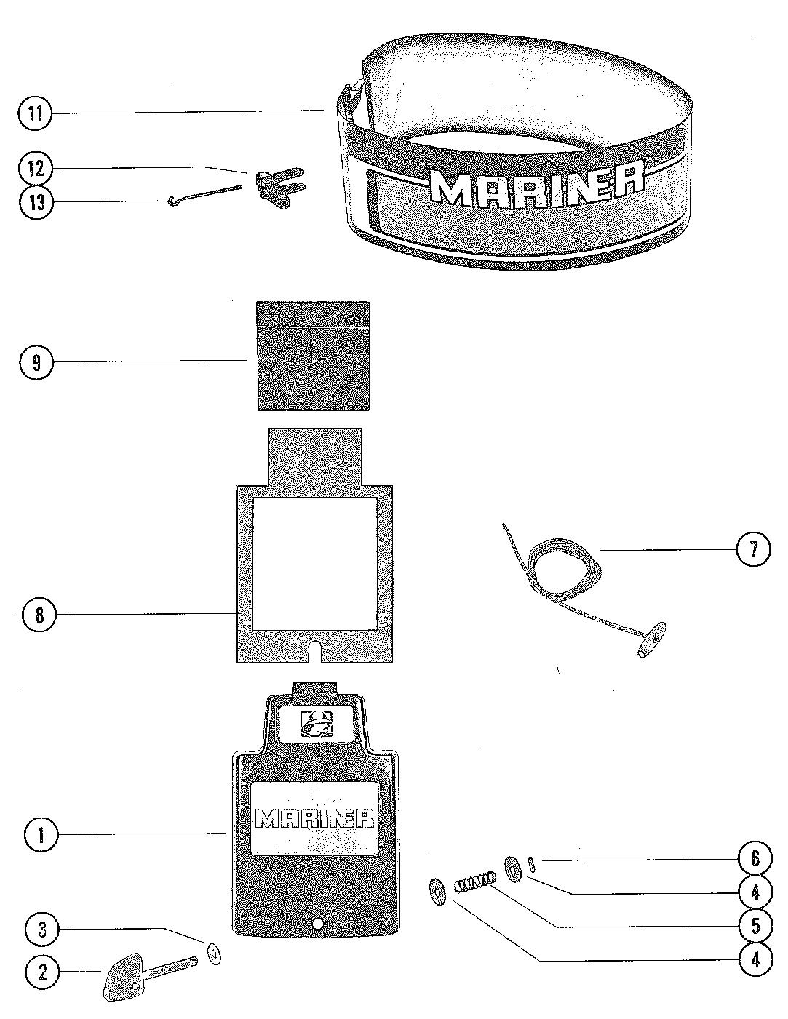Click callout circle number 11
pyautogui.click(x=36, y=113)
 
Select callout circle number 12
pyautogui.click(x=36, y=169)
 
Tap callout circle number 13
pyautogui.click(x=36, y=202)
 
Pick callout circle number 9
pyautogui.click(x=36, y=361)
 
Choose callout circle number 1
pyautogui.click(x=41, y=834)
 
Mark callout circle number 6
pyautogui.click(x=755, y=859)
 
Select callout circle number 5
pyautogui.click(x=755, y=925)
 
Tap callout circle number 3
pyautogui.click(x=41, y=929)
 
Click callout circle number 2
pyautogui.click(x=41, y=972)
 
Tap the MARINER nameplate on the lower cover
pyautogui.click(x=314, y=818)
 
